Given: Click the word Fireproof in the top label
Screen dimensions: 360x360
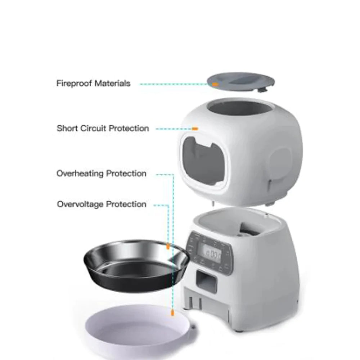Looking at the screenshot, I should click(74, 84).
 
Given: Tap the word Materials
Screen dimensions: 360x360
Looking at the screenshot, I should click(112, 84).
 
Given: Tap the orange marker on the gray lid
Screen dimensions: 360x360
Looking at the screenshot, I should click(215, 84).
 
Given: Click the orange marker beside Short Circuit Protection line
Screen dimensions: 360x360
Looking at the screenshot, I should click(195, 129).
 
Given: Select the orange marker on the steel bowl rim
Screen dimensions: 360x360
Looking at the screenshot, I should click(168, 247).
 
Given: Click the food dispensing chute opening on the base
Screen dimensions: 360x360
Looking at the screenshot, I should click(207, 280).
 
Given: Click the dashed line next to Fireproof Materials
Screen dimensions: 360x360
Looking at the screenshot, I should click(173, 84).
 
